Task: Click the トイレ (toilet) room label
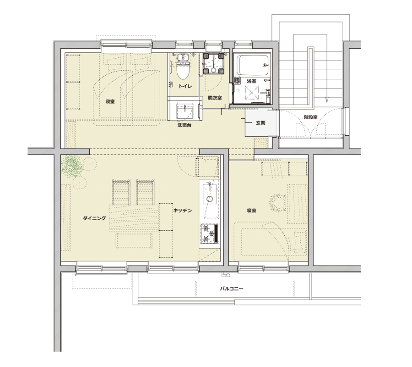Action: click(185, 86)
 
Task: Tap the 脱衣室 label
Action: click(215, 98)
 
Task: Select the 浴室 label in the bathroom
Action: click(251, 81)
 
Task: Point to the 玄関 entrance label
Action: click(260, 122)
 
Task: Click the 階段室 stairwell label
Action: click(310, 117)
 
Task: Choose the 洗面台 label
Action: click(184, 125)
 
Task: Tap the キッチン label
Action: click(182, 211)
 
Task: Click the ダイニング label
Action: click(94, 218)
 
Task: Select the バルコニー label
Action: click(232, 289)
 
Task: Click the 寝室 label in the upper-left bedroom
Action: click(110, 101)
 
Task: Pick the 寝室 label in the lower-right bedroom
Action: click(251, 211)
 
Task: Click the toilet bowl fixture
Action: click(183, 67)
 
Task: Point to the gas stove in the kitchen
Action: click(209, 233)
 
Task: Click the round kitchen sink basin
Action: click(209, 199)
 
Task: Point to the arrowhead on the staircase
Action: click(326, 100)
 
